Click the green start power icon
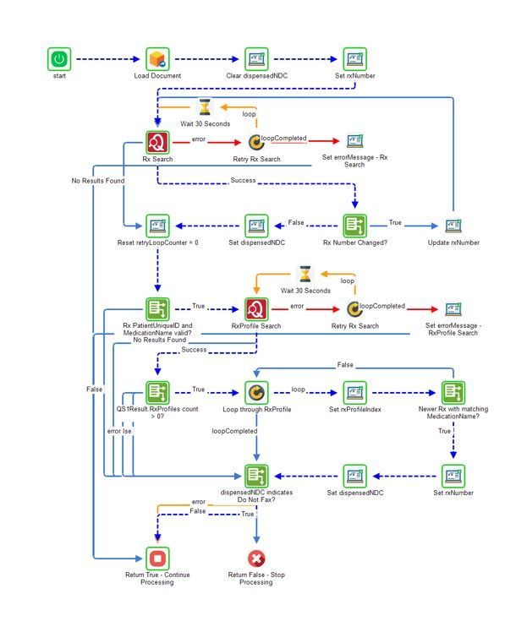(58, 59)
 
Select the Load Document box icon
(157, 59)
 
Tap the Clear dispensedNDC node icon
(256, 59)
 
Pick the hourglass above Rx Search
(206, 107)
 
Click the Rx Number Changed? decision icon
(354, 226)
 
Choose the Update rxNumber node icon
(453, 226)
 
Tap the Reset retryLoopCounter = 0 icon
(157, 226)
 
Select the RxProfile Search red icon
(256, 308)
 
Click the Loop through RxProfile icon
(256, 392)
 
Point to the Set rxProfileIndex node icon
(354, 392)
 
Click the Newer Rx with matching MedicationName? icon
(453, 392)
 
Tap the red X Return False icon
(256, 558)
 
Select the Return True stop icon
(157, 558)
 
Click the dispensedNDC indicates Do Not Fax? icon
(256, 476)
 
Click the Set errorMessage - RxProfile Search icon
(453, 308)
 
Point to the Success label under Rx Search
(243, 181)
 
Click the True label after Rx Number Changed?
(395, 222)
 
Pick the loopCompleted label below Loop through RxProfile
(234, 431)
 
